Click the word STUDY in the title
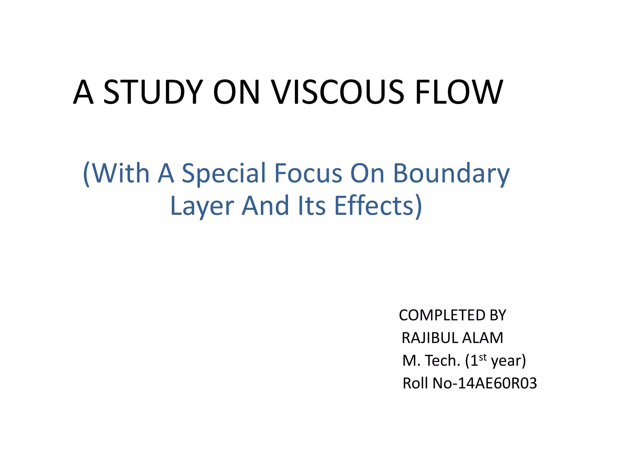coord(153,92)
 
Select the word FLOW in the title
coord(459,92)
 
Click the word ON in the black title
coord(236,92)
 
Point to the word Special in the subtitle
coord(224,173)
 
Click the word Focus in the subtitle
coord(308,173)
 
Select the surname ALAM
coord(483,338)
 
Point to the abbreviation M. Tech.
coord(432,361)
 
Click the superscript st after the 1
coord(483,357)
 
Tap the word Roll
coord(415,383)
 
